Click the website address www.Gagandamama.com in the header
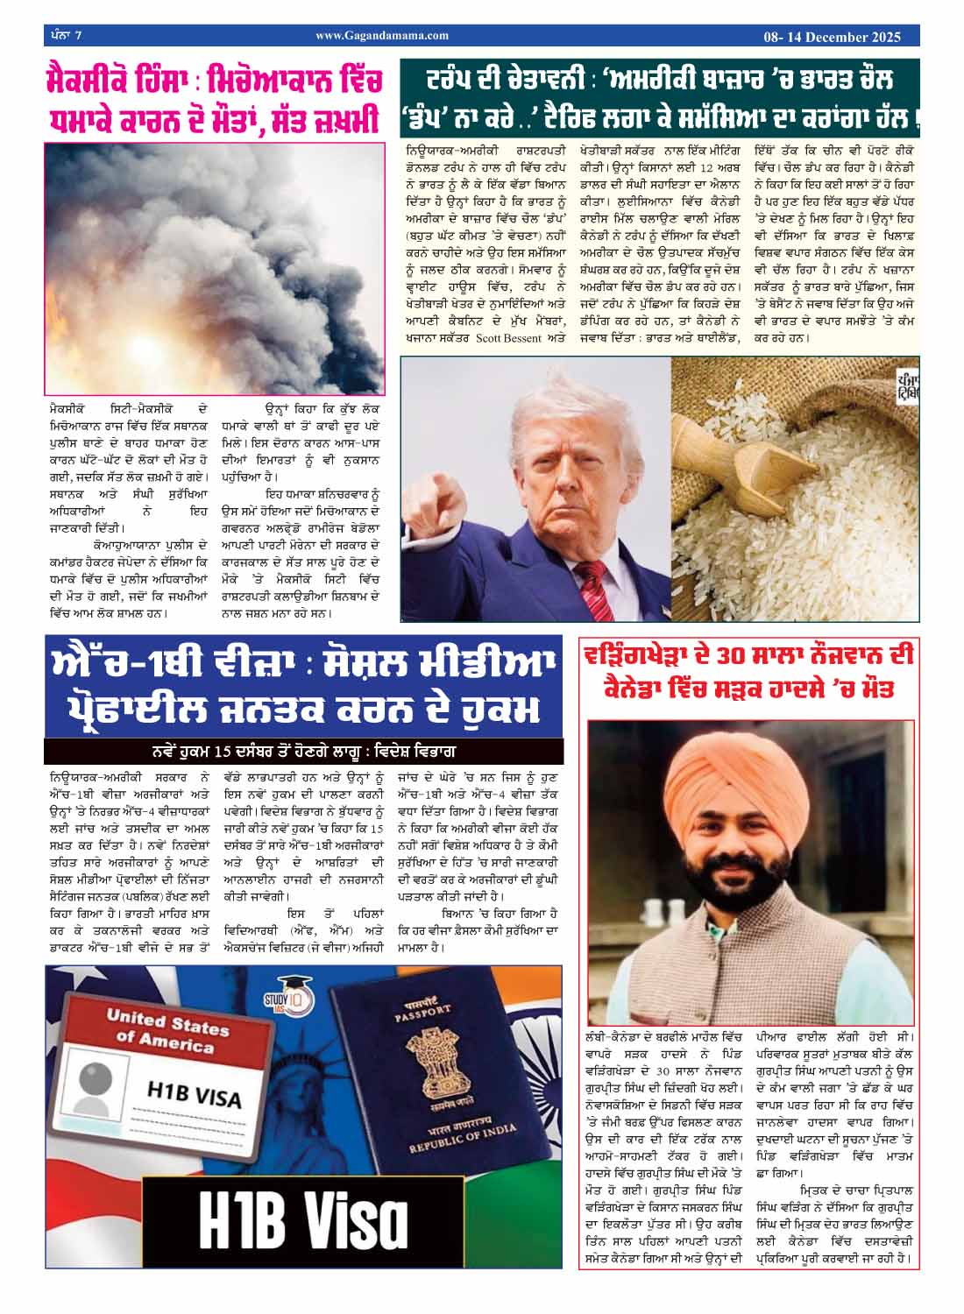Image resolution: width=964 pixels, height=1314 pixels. point(382,36)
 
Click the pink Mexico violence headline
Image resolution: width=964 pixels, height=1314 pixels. point(214,102)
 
